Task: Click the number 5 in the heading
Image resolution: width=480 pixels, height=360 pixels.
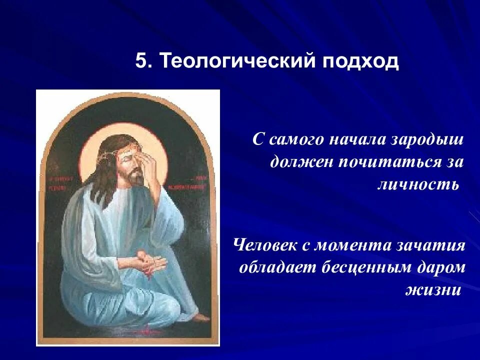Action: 142,62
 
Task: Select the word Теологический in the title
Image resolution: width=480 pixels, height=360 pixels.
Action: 233,62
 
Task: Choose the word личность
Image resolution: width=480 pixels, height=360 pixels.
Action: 417,184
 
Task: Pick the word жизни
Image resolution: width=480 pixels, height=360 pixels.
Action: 433,290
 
